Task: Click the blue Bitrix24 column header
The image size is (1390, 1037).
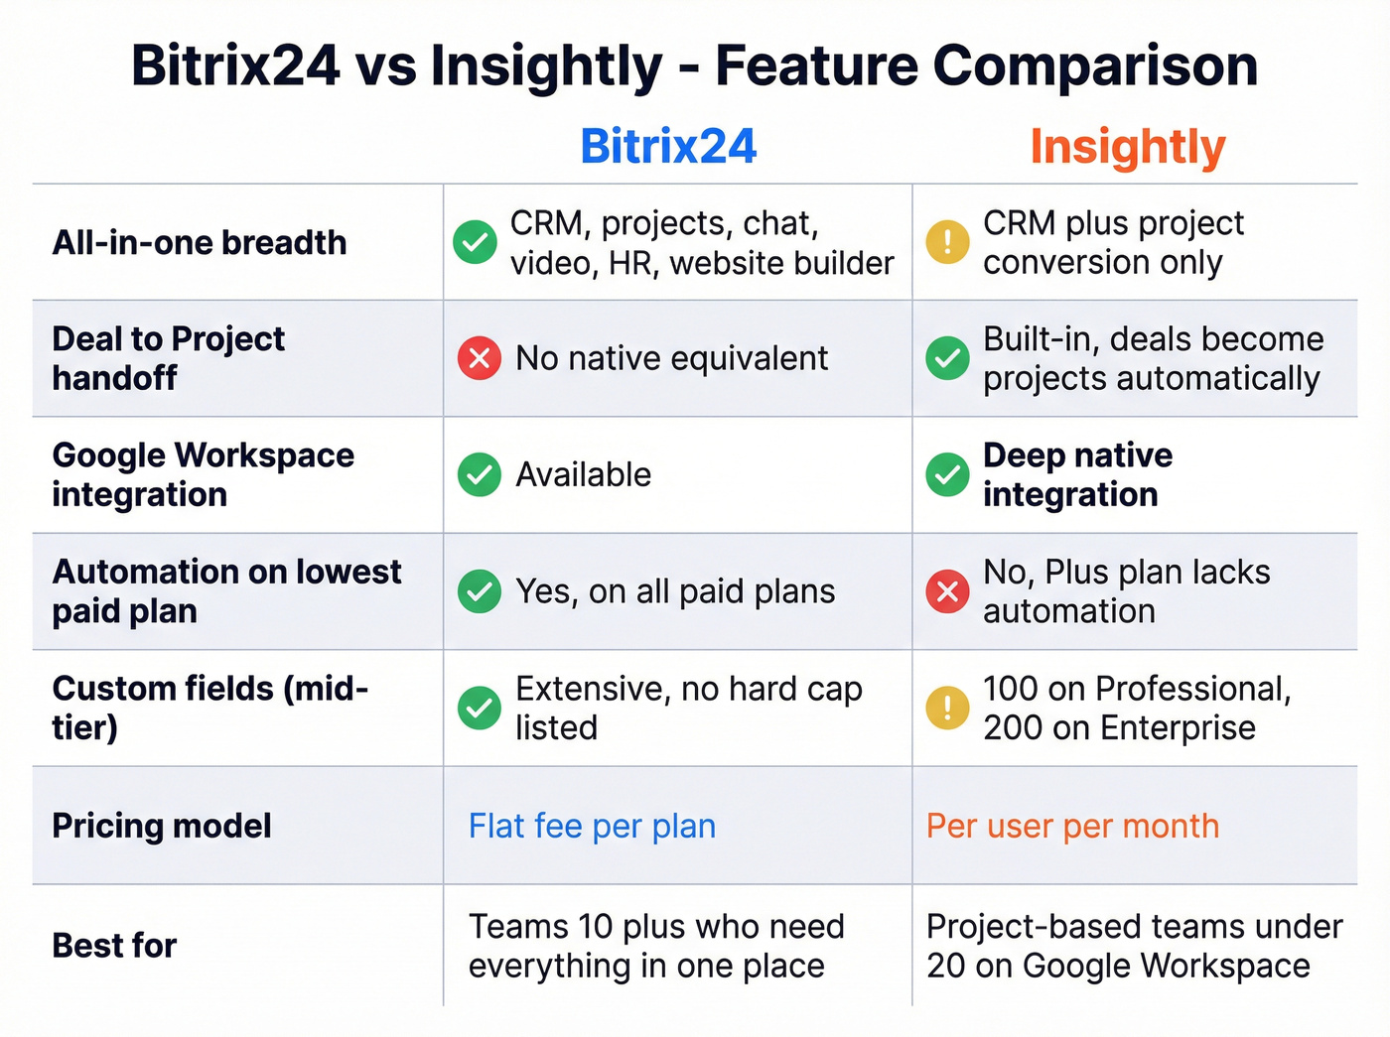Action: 668,147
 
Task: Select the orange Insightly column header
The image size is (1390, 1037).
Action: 1128,147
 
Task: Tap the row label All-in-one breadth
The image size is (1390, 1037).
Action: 200,242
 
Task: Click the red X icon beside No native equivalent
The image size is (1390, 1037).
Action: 479,358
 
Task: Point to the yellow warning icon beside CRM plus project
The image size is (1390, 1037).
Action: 947,242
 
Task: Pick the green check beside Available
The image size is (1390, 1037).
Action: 479,474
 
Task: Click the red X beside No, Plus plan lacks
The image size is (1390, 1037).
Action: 947,591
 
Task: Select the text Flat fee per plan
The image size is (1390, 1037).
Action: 592,826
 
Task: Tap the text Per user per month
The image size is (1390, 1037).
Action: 1072,826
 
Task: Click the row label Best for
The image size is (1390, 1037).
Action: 114,946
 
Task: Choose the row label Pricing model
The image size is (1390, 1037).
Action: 162,826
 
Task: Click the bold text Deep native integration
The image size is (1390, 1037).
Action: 1077,474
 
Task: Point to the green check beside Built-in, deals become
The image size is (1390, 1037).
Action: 947,358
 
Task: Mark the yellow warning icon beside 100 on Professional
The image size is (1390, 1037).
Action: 947,708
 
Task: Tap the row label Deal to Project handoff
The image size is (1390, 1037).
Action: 168,358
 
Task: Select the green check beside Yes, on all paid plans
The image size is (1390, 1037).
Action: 479,591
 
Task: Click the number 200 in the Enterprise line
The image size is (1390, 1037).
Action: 1013,727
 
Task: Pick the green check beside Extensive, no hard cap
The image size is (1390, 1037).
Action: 479,708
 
